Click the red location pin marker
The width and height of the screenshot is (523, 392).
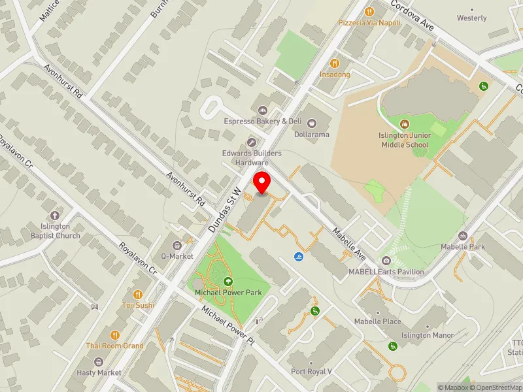(x=262, y=182)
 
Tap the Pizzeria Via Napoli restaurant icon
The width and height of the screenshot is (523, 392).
(x=369, y=11)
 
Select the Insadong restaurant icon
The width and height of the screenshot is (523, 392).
(x=335, y=63)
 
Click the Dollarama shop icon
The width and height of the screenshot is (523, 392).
(x=312, y=122)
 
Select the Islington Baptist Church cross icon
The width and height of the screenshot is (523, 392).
(x=55, y=215)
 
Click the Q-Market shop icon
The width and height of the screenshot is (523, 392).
(x=177, y=244)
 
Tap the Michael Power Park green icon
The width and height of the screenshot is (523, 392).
(x=228, y=282)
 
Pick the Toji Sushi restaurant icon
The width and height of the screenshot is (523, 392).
(x=137, y=294)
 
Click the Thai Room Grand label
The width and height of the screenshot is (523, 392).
(x=114, y=346)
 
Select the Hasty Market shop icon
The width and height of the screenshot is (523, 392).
(x=99, y=361)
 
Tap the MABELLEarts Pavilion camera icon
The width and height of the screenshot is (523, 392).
(x=386, y=261)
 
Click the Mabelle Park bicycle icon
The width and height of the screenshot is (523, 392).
(x=463, y=235)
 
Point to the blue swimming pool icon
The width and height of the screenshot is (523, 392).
(x=298, y=257)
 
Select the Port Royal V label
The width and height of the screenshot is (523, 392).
(x=312, y=372)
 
